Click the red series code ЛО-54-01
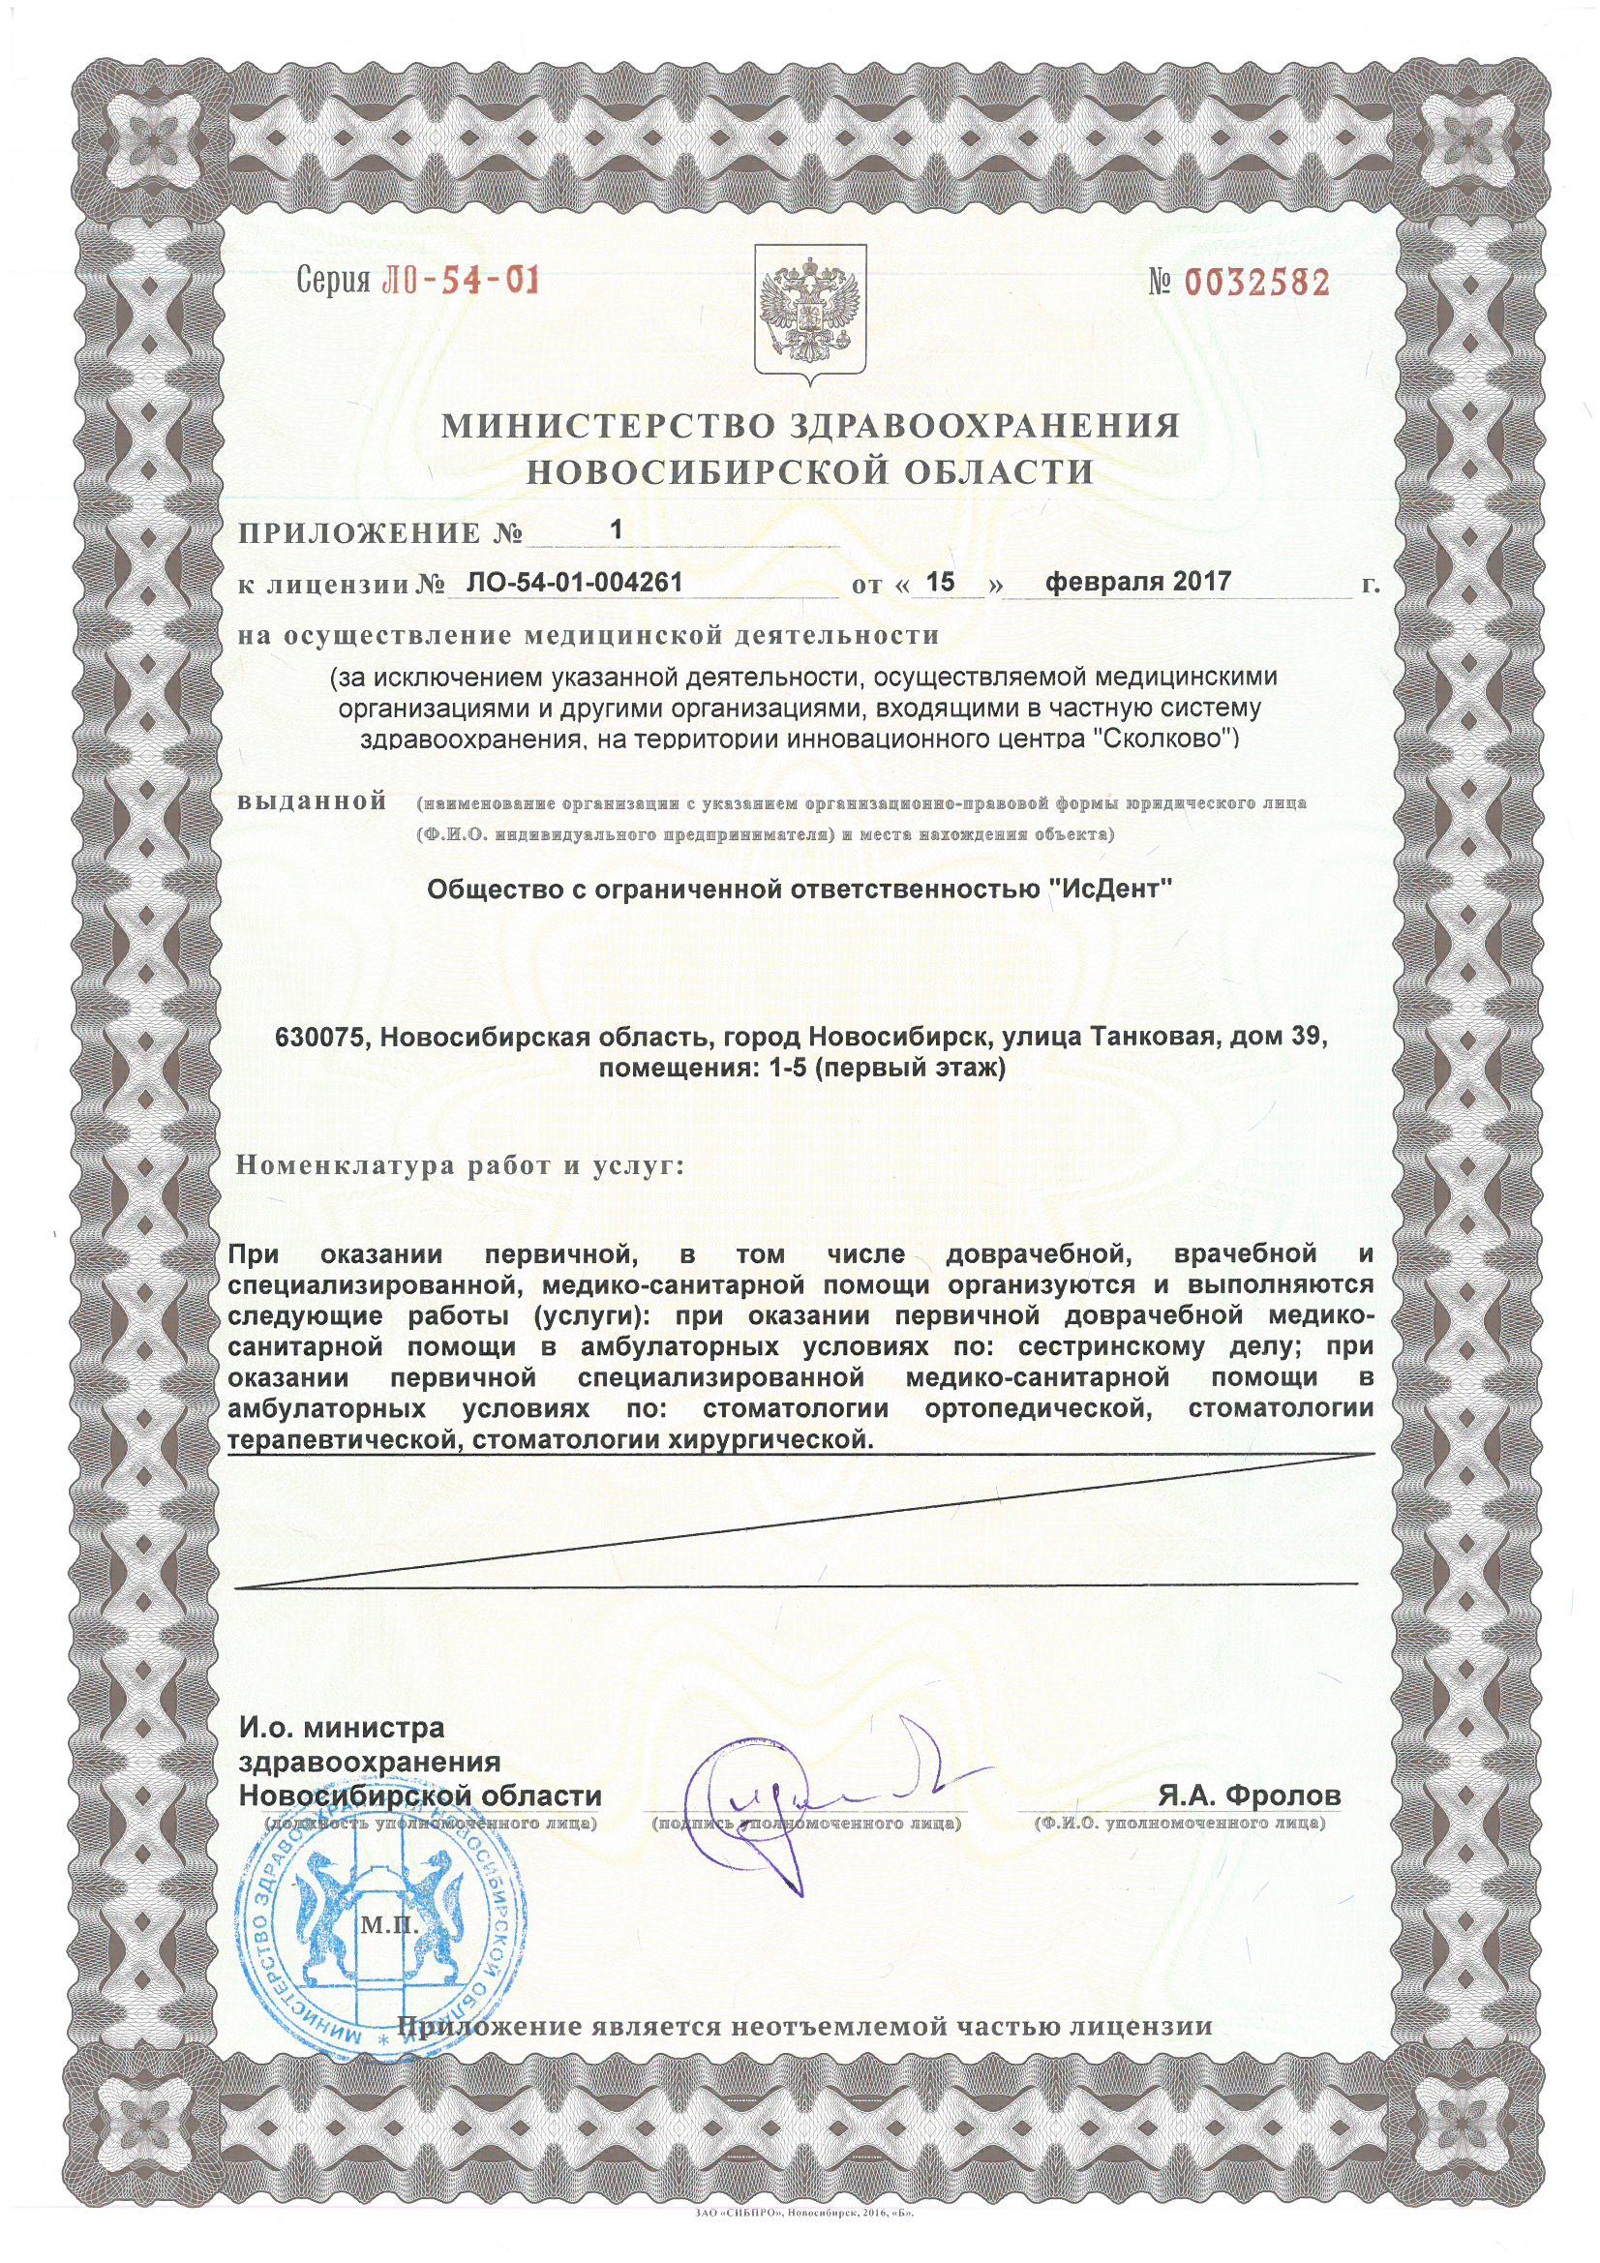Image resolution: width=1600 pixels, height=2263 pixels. [458, 282]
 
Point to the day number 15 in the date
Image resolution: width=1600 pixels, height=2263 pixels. [943, 582]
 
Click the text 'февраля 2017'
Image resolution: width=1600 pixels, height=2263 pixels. [1137, 581]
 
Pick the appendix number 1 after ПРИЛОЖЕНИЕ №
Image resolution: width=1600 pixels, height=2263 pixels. [618, 529]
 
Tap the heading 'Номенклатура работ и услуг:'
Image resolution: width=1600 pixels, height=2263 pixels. [460, 1167]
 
